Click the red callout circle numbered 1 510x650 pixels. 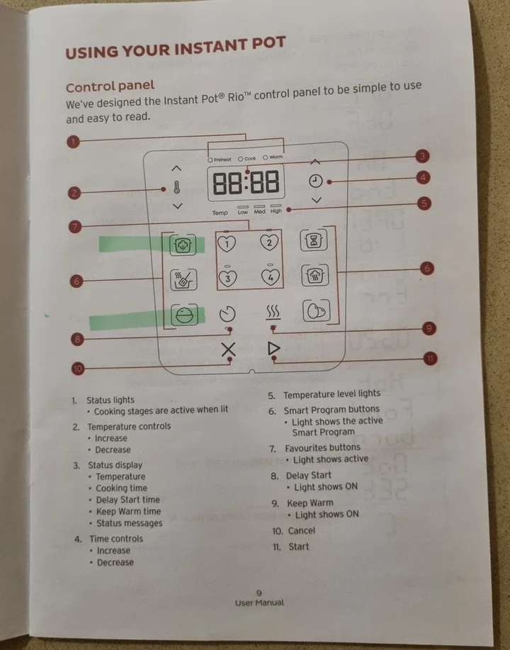[74, 142]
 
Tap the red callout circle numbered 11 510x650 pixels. [430, 359]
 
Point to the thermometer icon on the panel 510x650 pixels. [177, 187]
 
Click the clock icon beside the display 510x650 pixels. [316, 181]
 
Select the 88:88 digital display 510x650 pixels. [246, 182]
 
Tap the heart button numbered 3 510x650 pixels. [227, 278]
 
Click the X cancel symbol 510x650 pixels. [228, 349]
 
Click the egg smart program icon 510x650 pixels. [317, 311]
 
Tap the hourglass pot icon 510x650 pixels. [314, 240]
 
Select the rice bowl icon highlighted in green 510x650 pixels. [184, 315]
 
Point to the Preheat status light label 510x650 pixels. [220, 159]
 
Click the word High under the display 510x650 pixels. [276, 211]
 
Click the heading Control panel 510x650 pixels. [110, 86]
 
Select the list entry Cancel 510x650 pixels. [302, 531]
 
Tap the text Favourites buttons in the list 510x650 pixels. [322, 448]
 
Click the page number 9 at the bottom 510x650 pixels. [259, 593]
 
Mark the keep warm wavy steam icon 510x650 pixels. [273, 313]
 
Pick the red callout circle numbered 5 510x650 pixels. [424, 203]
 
